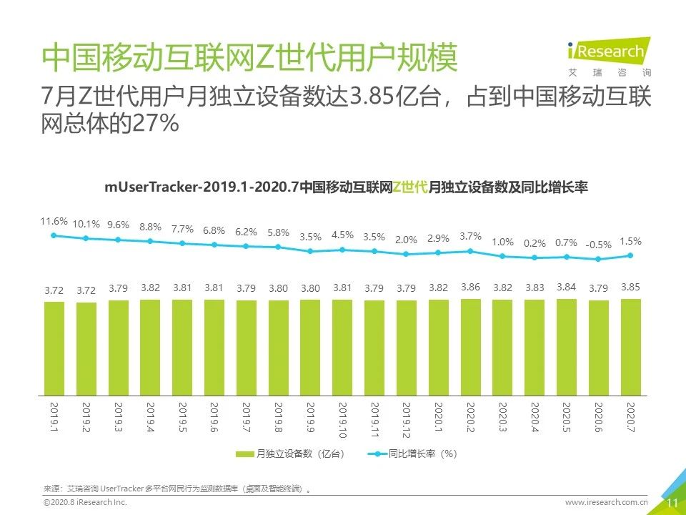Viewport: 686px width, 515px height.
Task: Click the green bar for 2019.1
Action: click(54, 348)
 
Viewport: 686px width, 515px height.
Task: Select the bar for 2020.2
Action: click(471, 347)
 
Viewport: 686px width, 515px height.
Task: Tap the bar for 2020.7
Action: click(631, 347)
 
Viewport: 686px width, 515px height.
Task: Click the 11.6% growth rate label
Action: click(54, 221)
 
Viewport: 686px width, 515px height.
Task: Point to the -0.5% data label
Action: click(599, 245)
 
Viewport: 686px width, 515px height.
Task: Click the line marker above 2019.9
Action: click(310, 251)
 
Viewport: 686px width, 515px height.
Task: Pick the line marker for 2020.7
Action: click(631, 255)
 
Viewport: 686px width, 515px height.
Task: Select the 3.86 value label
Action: click(471, 287)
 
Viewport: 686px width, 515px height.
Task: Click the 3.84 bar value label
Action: click(567, 287)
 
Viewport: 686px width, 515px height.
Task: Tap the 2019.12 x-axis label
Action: click(407, 420)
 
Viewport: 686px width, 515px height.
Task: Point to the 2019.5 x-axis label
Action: click(182, 417)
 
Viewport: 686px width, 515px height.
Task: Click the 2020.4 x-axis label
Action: click(535, 417)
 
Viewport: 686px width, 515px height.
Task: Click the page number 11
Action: click(672, 503)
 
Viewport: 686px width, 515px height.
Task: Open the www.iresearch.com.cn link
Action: click(606, 503)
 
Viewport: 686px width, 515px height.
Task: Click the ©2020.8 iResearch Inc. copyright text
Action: click(85, 504)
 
